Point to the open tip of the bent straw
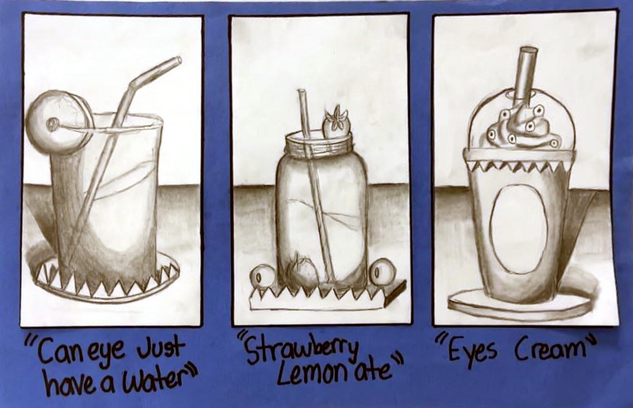[x=179, y=60]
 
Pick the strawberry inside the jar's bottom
[x=301, y=270]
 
